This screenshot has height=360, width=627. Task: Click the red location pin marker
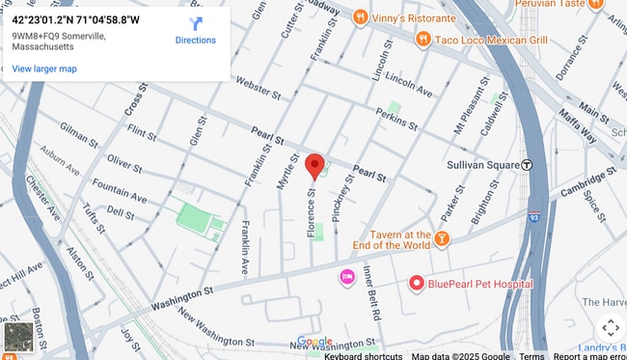314,166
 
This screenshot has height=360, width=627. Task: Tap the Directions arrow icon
196,23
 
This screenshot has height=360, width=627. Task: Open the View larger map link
44,69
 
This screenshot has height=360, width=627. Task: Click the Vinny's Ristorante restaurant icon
360,15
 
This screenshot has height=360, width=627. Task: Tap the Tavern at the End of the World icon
442,238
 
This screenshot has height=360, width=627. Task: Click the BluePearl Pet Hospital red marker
417,284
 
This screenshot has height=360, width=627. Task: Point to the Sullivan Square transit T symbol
527,165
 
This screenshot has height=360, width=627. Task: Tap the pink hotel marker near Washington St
346,277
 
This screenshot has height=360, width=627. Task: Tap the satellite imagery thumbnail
18,337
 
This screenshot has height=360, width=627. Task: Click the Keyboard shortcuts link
364,355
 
